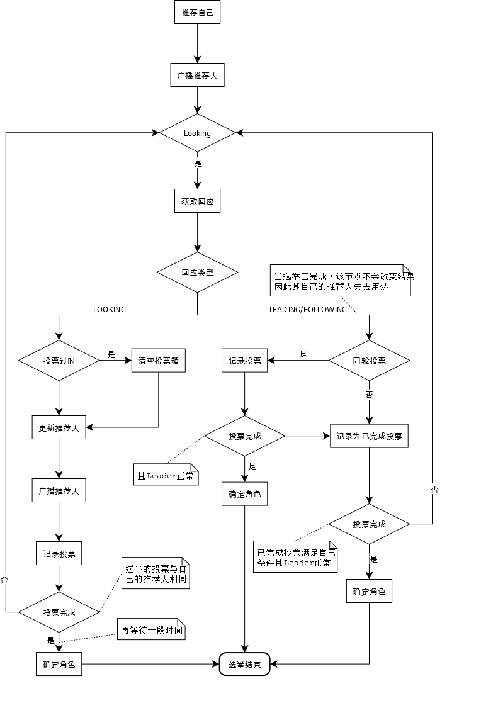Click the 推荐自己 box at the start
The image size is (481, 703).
click(x=197, y=13)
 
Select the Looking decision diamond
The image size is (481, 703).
click(x=197, y=133)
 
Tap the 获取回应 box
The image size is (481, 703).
click(x=197, y=201)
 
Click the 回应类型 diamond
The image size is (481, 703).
click(x=197, y=273)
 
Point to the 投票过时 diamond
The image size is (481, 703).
click(x=59, y=361)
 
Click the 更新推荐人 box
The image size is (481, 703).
click(x=59, y=427)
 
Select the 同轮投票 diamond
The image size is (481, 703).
click(x=369, y=361)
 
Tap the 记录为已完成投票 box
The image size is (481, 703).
click(x=369, y=436)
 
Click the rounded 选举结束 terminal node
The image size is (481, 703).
click(x=244, y=664)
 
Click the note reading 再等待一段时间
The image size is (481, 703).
click(x=151, y=629)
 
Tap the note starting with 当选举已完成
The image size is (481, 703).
click(x=341, y=280)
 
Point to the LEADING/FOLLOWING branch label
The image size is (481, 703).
click(x=308, y=310)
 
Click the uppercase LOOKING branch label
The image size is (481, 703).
click(x=110, y=310)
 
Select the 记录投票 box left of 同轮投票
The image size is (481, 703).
click(x=245, y=361)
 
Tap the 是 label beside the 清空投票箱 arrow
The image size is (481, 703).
click(x=111, y=355)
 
